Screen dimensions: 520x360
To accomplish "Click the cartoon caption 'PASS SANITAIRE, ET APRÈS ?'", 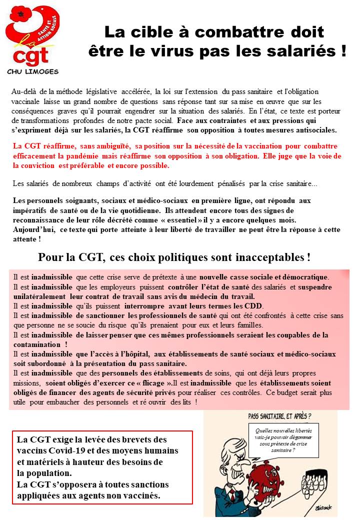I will (279, 415).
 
